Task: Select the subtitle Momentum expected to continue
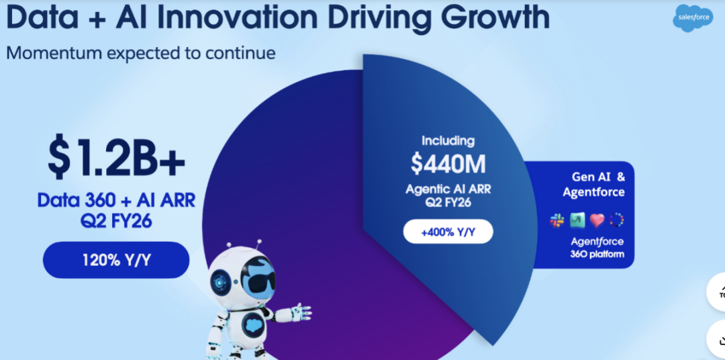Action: point(141,53)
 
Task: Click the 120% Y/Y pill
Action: point(116,260)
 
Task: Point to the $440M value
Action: point(448,163)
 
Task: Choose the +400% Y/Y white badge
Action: point(448,231)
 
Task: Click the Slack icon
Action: point(557,220)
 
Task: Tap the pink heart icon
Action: point(597,220)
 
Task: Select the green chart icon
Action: point(577,220)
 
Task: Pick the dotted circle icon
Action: point(617,220)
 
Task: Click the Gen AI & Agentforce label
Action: point(593,184)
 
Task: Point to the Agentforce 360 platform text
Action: point(597,248)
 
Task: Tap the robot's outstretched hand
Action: point(299,313)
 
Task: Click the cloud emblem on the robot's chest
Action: point(252,325)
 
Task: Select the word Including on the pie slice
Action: point(448,141)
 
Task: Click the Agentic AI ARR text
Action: point(448,189)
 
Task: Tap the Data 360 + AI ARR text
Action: point(117,200)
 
